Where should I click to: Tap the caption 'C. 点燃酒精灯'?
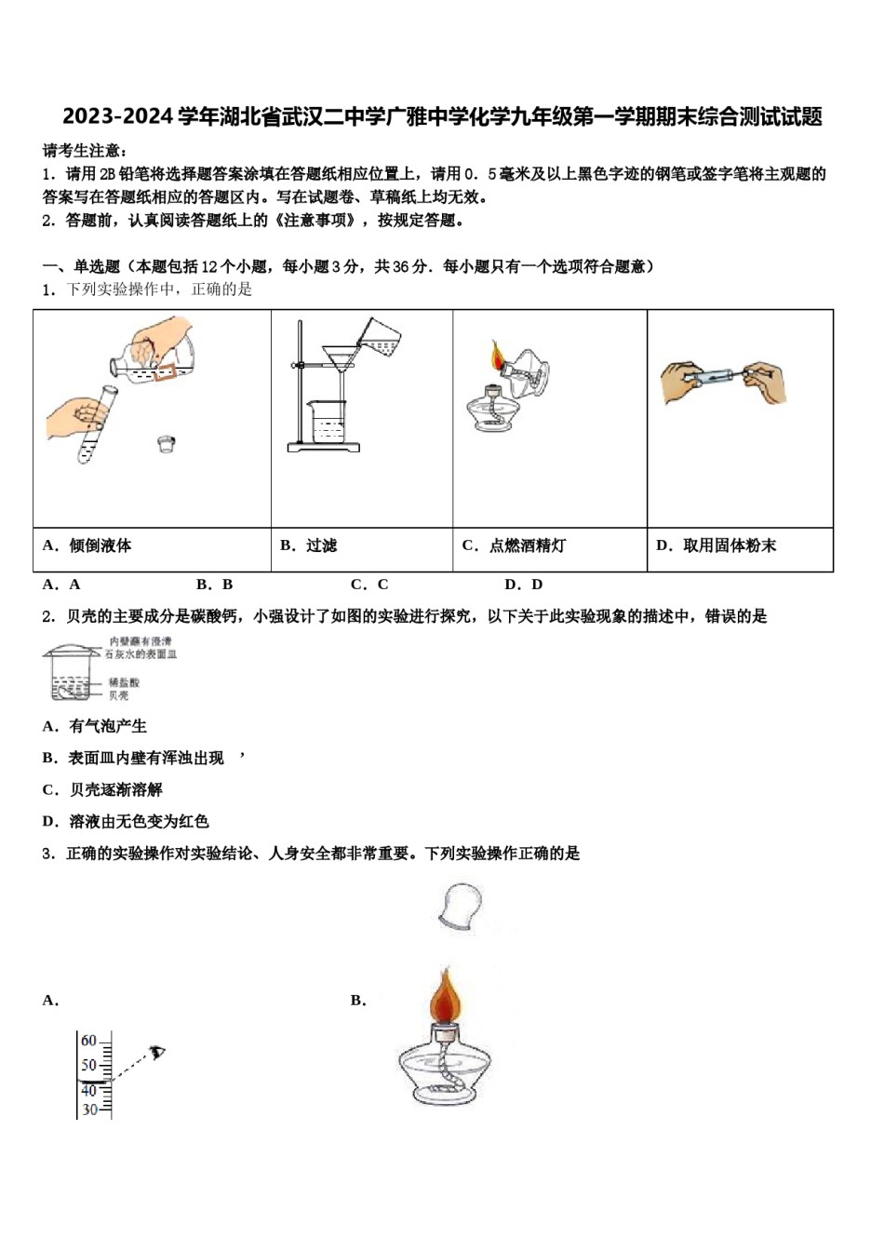pyautogui.click(x=514, y=545)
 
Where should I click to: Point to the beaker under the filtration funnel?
pyautogui.click(x=327, y=423)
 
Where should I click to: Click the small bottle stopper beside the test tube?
pyautogui.click(x=167, y=443)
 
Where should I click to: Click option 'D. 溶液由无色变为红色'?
pyautogui.click(x=126, y=821)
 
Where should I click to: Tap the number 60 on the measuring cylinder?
pyautogui.click(x=88, y=1041)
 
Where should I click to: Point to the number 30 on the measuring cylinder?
pyautogui.click(x=89, y=1110)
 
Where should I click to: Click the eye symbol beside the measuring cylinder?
pyautogui.click(x=157, y=1053)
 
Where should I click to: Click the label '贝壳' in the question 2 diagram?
pyautogui.click(x=118, y=695)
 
